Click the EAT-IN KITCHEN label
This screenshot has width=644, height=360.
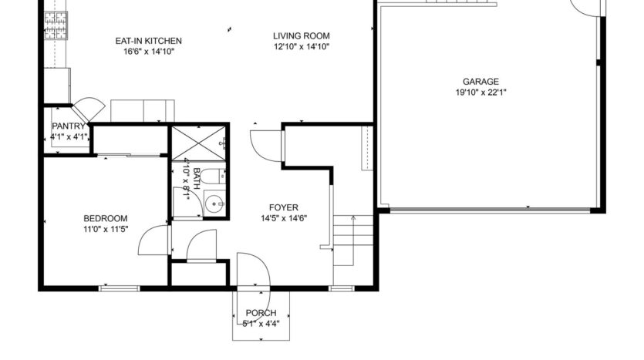[149, 42]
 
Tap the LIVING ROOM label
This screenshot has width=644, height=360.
[302, 35]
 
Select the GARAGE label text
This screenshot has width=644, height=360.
[480, 82]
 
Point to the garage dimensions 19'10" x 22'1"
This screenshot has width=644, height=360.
[480, 93]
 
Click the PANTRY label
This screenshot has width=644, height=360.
[67, 126]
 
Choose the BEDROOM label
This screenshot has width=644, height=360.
[106, 219]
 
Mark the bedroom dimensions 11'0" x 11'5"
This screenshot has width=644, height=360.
[106, 229]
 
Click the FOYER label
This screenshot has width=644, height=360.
[283, 207]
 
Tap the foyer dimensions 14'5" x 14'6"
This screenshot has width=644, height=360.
[283, 217]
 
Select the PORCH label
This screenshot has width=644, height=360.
[261, 312]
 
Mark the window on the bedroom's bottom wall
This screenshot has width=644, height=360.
[120, 288]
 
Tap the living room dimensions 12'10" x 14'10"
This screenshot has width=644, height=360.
[302, 46]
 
